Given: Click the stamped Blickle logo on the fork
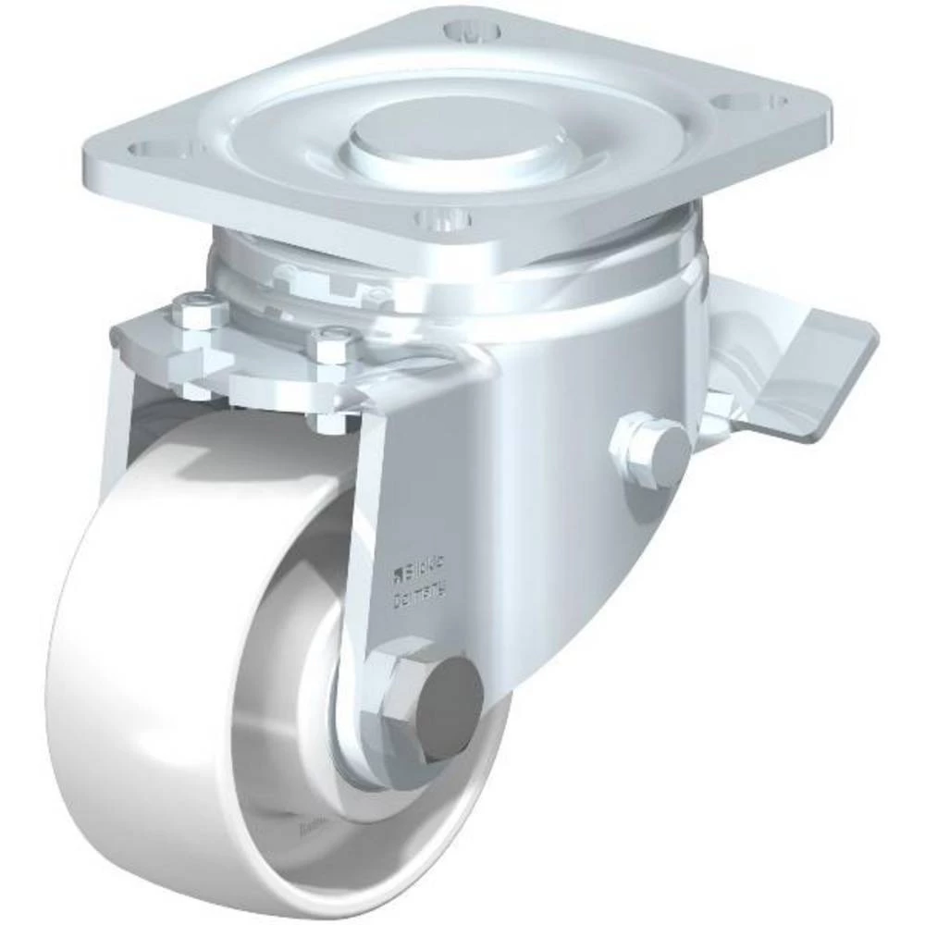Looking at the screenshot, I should point(422,565).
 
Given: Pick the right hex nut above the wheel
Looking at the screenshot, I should point(334,343).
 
